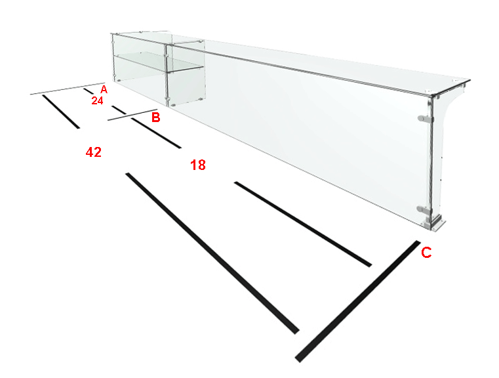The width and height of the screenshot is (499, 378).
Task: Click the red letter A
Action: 104,89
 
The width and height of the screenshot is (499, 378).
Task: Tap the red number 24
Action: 98,100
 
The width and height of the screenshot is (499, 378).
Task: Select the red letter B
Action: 155,117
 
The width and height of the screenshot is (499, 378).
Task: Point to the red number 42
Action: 94,152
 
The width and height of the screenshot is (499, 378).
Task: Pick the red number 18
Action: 198,165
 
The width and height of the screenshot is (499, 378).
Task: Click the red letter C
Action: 426,252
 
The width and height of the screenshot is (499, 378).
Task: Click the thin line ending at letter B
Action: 133,115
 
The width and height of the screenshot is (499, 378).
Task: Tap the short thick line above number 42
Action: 61,112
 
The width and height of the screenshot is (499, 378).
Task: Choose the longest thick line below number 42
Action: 212,253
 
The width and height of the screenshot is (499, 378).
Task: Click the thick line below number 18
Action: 303,224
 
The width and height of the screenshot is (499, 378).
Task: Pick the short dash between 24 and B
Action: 119,110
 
